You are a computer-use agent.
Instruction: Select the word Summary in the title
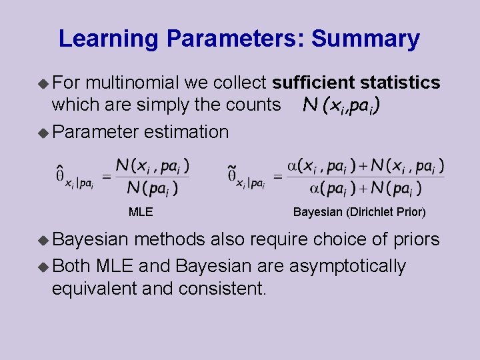(x=365, y=39)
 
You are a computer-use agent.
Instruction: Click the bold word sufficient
(x=313, y=83)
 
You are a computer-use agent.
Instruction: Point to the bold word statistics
(x=400, y=83)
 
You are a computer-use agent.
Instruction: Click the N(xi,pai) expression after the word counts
(x=342, y=105)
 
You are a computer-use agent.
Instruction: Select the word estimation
(x=186, y=131)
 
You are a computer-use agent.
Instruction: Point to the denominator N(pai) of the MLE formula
(x=153, y=189)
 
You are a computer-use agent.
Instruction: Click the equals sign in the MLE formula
(x=105, y=177)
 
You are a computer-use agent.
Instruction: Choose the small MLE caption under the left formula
(x=141, y=213)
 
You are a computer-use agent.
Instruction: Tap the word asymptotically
(x=347, y=266)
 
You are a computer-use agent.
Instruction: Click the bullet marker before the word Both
(x=43, y=267)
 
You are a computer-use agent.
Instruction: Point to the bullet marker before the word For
(x=43, y=83)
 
